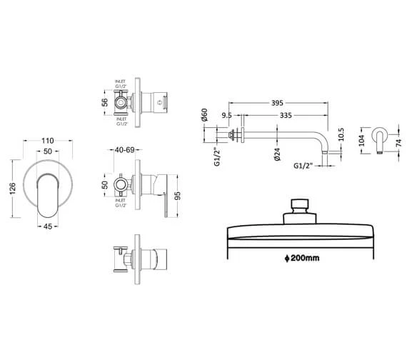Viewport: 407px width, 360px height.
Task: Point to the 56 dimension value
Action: click(x=104, y=103)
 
